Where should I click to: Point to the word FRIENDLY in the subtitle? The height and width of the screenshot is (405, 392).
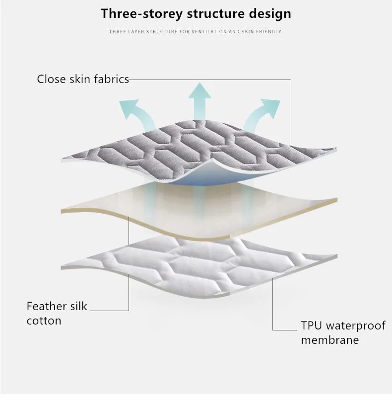269,32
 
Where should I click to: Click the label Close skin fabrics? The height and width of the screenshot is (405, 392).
83,79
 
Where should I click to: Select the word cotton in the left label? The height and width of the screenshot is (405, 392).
44,321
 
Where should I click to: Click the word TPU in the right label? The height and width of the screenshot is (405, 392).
311,326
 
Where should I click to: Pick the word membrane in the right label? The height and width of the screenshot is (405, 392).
329,340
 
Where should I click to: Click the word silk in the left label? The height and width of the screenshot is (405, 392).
78,306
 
